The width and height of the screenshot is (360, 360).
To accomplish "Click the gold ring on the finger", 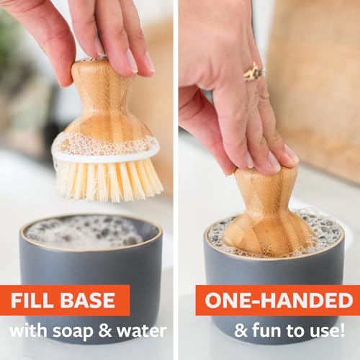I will (254, 71).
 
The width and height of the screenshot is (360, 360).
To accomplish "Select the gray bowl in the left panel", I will (90, 266).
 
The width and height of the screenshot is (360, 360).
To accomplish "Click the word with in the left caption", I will (30, 332).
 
